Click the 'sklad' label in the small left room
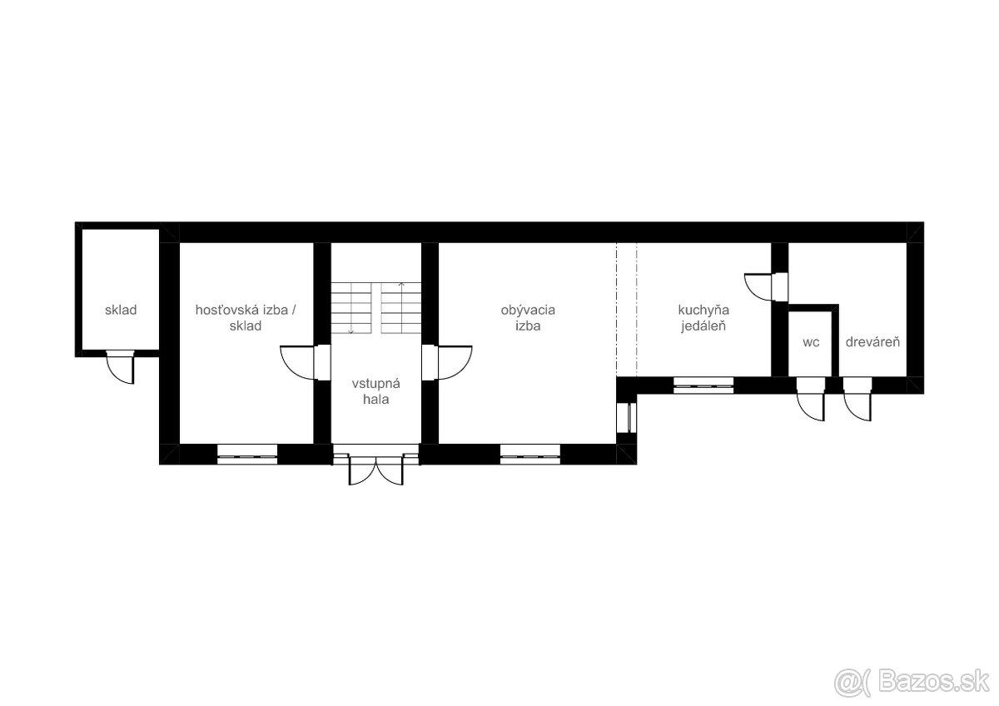point(121,310)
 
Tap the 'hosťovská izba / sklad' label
point(246,318)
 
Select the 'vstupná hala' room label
point(376,391)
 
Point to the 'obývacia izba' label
point(528,318)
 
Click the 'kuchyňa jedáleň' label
point(703,318)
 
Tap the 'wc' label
point(811,342)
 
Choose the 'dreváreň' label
point(872,341)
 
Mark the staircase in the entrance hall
point(376,308)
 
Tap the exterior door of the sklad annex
point(121,367)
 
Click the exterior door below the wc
point(811,399)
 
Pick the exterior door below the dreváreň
point(857,399)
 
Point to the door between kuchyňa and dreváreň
point(766,287)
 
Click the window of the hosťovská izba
point(247,455)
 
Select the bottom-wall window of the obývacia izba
point(529,455)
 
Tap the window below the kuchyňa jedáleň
point(703,385)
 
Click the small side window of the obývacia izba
point(627,417)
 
